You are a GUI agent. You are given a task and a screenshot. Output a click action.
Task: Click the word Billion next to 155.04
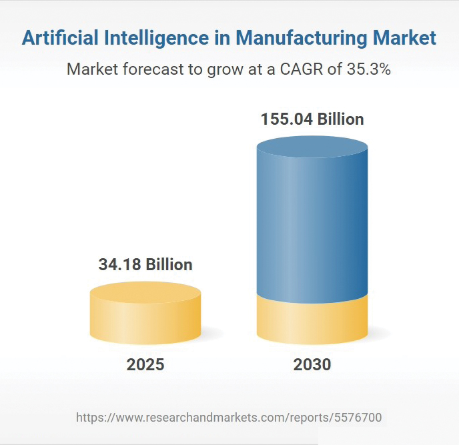(340, 119)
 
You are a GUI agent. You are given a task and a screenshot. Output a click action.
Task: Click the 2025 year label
(145, 365)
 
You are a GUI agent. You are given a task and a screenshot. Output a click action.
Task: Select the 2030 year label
(312, 365)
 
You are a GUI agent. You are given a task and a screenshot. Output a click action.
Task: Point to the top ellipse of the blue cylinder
(312, 147)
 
